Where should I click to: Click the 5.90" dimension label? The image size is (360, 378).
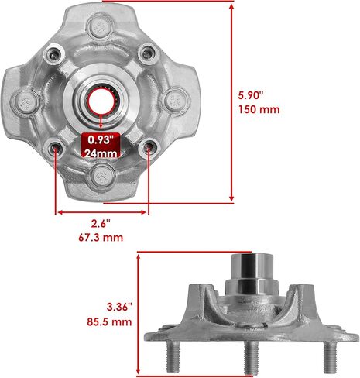(x=250, y=95)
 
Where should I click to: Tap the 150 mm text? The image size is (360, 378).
(x=259, y=109)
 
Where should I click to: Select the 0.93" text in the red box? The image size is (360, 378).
(x=101, y=139)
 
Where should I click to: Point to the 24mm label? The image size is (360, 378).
(x=101, y=153)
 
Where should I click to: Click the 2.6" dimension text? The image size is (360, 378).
(x=101, y=224)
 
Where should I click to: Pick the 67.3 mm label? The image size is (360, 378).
(x=101, y=237)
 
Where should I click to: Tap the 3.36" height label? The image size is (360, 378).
(x=119, y=308)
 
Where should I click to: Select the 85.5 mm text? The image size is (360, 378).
(x=109, y=322)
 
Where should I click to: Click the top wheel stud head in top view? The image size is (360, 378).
(x=100, y=27)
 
